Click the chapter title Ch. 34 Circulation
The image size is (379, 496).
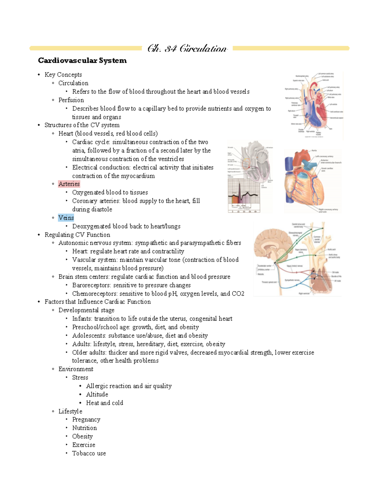[187, 49]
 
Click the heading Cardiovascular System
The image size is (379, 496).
[82, 60]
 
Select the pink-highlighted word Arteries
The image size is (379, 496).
[69, 184]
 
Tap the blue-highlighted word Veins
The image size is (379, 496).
[66, 218]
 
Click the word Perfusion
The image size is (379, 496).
[71, 100]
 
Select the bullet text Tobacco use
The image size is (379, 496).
[89, 453]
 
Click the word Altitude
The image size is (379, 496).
[97, 394]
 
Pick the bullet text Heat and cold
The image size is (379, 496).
[105, 403]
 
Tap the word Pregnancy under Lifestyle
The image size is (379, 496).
[86, 419]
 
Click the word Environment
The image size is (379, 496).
[76, 369]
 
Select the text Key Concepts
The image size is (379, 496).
[63, 75]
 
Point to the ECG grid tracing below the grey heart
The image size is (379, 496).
[244, 196]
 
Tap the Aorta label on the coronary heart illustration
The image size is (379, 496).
[314, 151]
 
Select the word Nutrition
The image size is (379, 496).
[84, 428]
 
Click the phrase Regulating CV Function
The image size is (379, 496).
[77, 235]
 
